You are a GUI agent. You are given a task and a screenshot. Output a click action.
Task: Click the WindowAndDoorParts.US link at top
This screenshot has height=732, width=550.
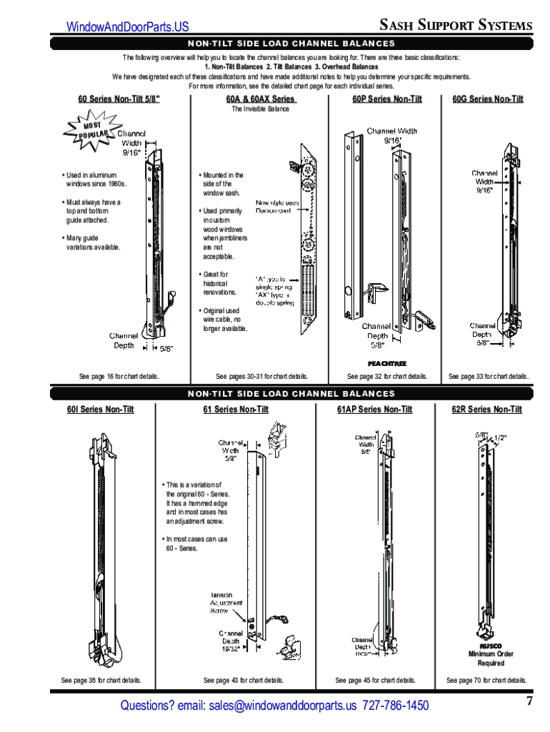(128, 26)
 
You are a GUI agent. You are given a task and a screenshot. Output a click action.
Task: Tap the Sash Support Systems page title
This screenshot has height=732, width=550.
(455, 25)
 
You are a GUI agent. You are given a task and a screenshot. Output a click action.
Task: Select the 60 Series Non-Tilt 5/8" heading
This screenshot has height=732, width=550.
(119, 99)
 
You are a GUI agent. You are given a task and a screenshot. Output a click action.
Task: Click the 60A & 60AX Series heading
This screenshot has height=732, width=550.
(260, 99)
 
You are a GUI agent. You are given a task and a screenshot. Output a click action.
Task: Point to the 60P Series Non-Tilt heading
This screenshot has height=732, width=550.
(387, 99)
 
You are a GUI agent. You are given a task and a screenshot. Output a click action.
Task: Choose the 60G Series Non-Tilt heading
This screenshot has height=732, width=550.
(488, 99)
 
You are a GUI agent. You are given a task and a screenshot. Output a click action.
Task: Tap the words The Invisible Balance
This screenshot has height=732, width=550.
(260, 109)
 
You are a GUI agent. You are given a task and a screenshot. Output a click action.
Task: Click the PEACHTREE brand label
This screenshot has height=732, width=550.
(387, 364)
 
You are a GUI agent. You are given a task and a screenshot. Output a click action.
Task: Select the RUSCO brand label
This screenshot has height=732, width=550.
(491, 646)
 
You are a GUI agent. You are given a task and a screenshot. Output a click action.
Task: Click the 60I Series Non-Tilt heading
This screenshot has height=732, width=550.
(101, 410)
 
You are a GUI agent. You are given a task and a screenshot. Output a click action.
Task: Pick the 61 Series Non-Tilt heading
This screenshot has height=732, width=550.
(236, 410)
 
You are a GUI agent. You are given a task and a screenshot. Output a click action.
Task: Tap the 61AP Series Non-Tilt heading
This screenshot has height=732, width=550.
(375, 410)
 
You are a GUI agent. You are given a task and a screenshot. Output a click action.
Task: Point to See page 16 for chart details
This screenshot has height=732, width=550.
(119, 376)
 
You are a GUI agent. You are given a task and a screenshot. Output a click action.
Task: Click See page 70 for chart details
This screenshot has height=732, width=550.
(486, 681)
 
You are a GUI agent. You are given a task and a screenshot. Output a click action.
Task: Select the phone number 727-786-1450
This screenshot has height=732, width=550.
(396, 706)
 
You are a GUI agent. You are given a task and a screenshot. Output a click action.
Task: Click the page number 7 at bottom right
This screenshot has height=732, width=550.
(529, 701)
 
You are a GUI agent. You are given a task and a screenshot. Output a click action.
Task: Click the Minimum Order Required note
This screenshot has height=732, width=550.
(491, 658)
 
